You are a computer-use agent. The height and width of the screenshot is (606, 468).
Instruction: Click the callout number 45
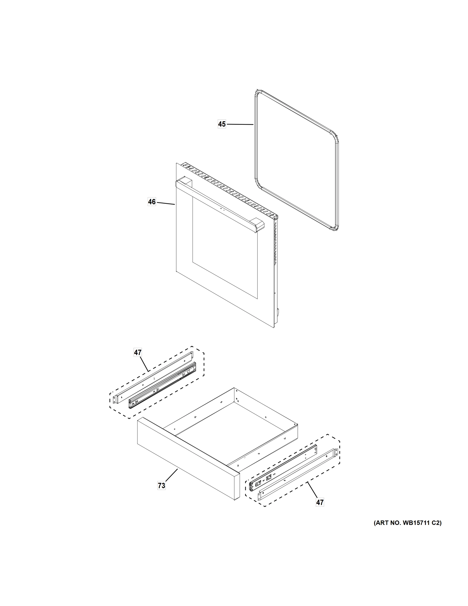click(222, 124)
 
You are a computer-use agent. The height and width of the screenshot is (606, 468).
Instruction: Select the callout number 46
click(152, 202)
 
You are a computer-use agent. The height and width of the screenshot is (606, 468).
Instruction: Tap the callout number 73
click(161, 485)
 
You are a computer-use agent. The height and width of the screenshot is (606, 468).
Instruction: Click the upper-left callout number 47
click(137, 352)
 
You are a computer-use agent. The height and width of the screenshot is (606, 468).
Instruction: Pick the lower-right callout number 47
click(320, 502)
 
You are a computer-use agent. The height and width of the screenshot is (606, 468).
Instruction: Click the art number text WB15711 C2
click(407, 523)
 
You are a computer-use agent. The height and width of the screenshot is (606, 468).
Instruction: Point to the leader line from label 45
click(240, 124)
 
